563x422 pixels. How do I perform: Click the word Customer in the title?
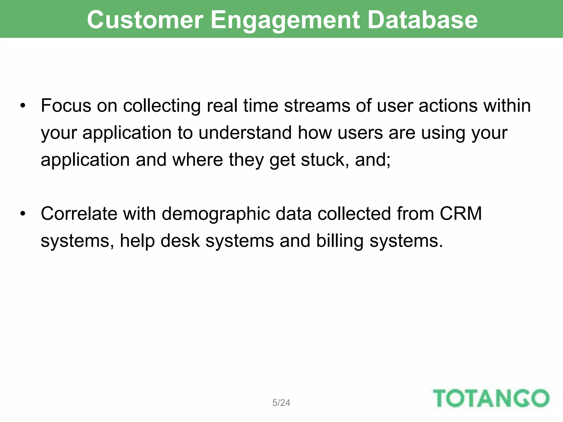tap(145, 20)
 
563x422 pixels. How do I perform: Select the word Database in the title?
tap(422, 20)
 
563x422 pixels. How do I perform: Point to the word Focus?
tap(66, 106)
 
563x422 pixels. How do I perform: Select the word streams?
tap(317, 106)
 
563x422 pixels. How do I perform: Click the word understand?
tap(245, 133)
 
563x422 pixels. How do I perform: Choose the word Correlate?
tap(79, 214)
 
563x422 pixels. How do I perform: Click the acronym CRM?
tap(461, 214)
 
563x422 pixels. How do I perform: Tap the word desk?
tap(180, 241)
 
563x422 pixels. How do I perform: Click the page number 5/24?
tap(281, 403)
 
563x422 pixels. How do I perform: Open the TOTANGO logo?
tap(491, 398)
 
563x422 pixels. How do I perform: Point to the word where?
tap(197, 160)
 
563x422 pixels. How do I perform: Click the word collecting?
tap(162, 106)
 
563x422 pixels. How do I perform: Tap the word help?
tap(137, 241)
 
